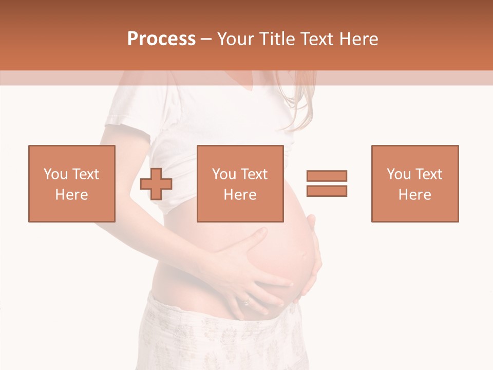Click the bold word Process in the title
[x=161, y=39]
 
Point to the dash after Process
[x=206, y=40]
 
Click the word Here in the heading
[x=356, y=39]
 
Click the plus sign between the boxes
[x=156, y=183]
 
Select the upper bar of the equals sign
[x=327, y=176]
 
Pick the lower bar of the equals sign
[x=327, y=191]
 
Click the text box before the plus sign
[x=71, y=183]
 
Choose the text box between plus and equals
[x=240, y=183]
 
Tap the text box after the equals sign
[x=414, y=183]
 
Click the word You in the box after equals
[x=398, y=174]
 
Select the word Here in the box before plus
[x=71, y=195]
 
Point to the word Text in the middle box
[x=254, y=174]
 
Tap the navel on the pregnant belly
[x=306, y=255]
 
